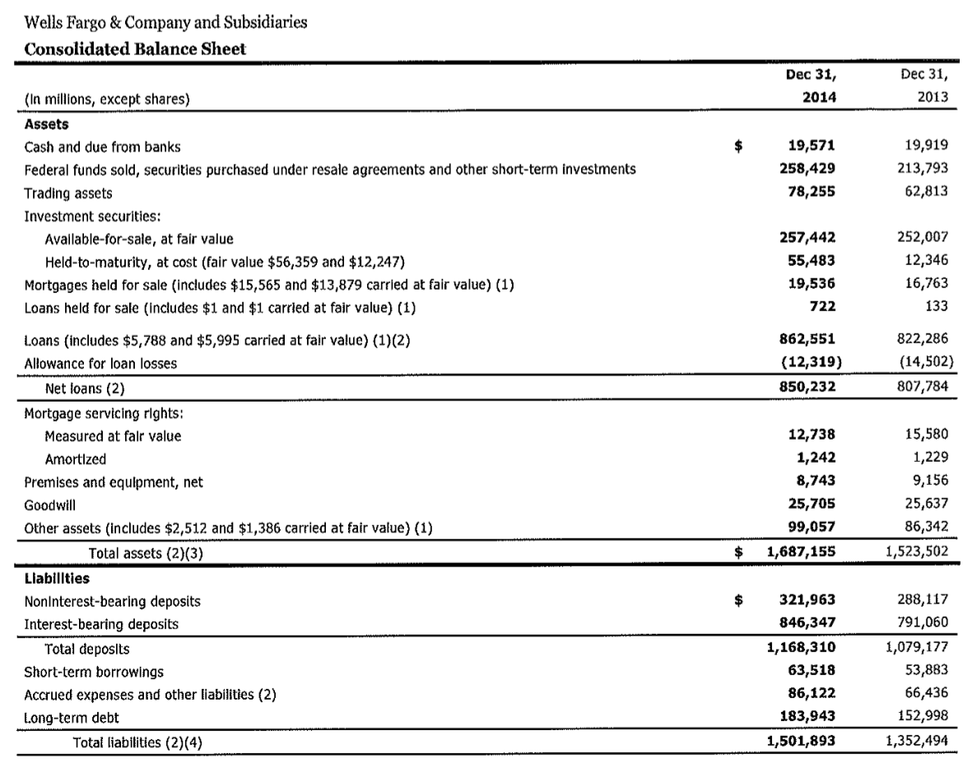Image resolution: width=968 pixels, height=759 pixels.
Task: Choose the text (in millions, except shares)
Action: [97, 102]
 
